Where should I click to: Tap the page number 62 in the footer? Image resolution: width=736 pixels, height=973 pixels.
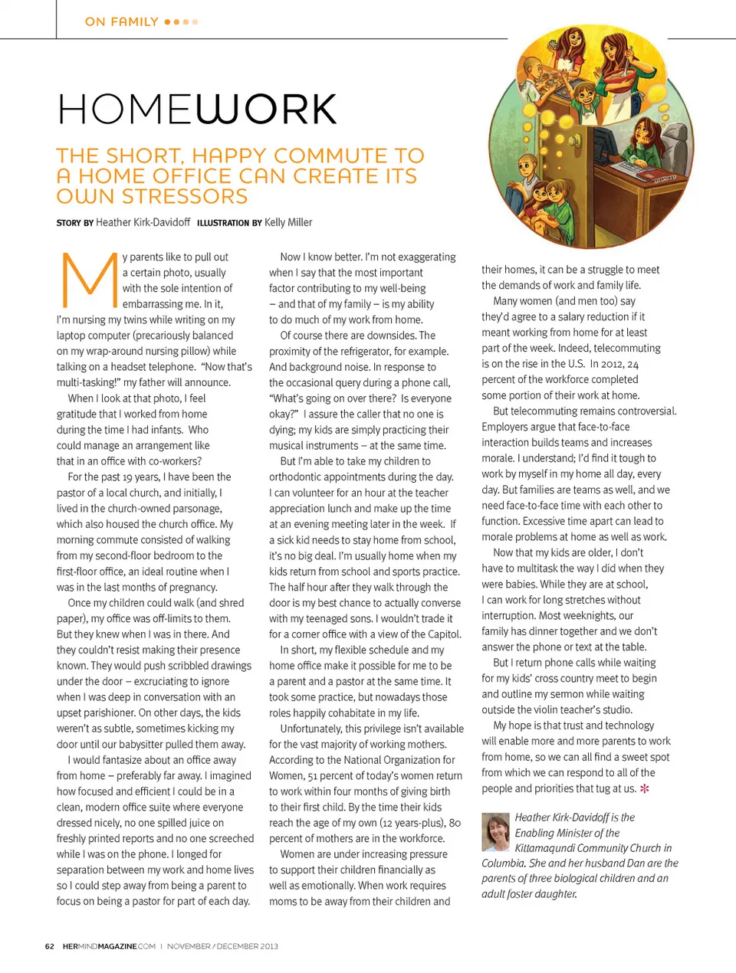click(x=49, y=946)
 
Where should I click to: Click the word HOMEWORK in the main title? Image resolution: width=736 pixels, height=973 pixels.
click(x=197, y=109)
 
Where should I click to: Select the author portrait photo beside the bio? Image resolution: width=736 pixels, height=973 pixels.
click(x=495, y=832)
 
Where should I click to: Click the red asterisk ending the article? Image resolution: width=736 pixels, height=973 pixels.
click(x=645, y=788)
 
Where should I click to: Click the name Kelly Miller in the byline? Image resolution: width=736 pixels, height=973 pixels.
click(x=288, y=222)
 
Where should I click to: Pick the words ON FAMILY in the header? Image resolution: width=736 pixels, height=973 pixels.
click(x=122, y=21)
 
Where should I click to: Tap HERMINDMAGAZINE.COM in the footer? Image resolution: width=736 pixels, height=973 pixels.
click(x=109, y=946)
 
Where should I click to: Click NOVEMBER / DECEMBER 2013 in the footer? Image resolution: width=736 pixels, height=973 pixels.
click(x=222, y=946)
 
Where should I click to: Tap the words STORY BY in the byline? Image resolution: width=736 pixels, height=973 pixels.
click(x=74, y=223)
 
